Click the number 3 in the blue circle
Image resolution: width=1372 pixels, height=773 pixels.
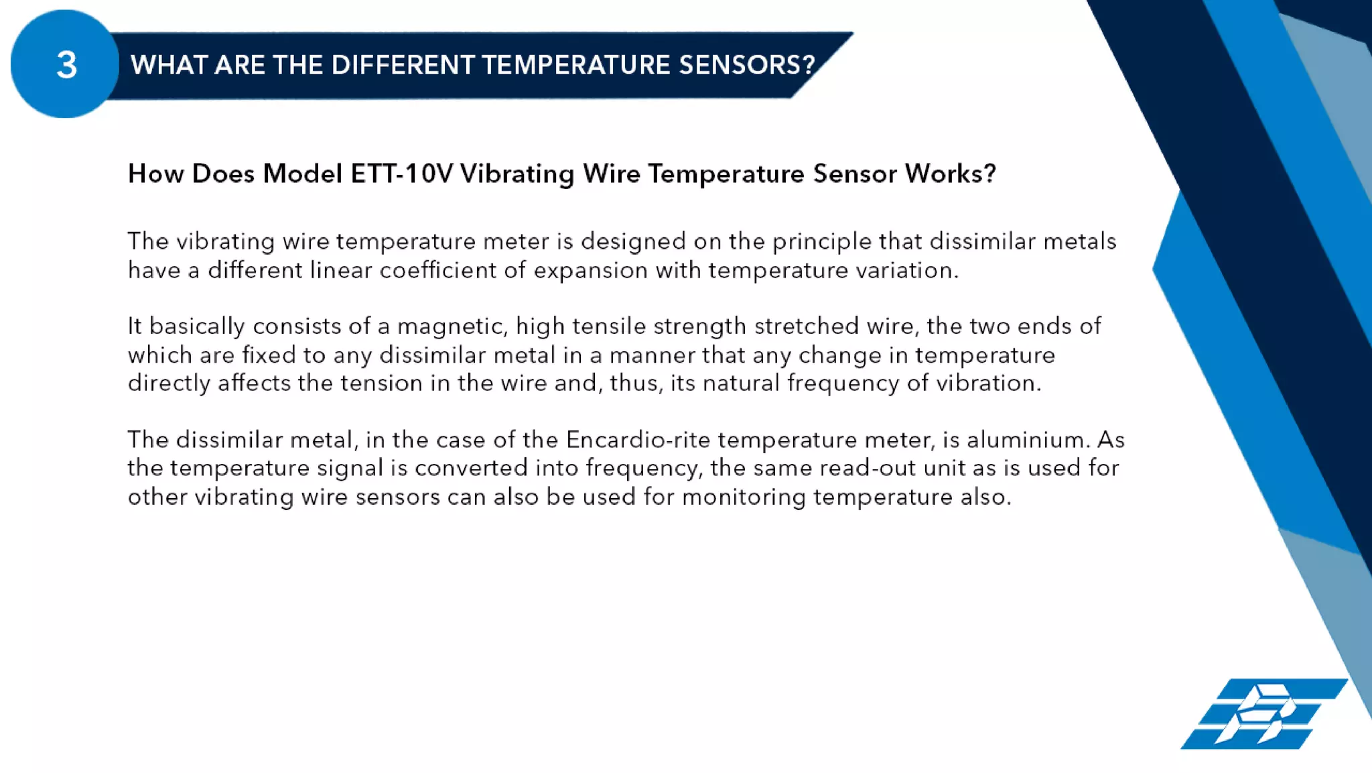(66, 66)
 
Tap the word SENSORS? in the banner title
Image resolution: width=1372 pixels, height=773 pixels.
(746, 65)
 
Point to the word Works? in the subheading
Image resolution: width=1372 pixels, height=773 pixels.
(950, 174)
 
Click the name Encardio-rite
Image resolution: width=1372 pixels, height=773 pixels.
(638, 440)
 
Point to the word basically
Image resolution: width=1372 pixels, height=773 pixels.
(197, 326)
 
